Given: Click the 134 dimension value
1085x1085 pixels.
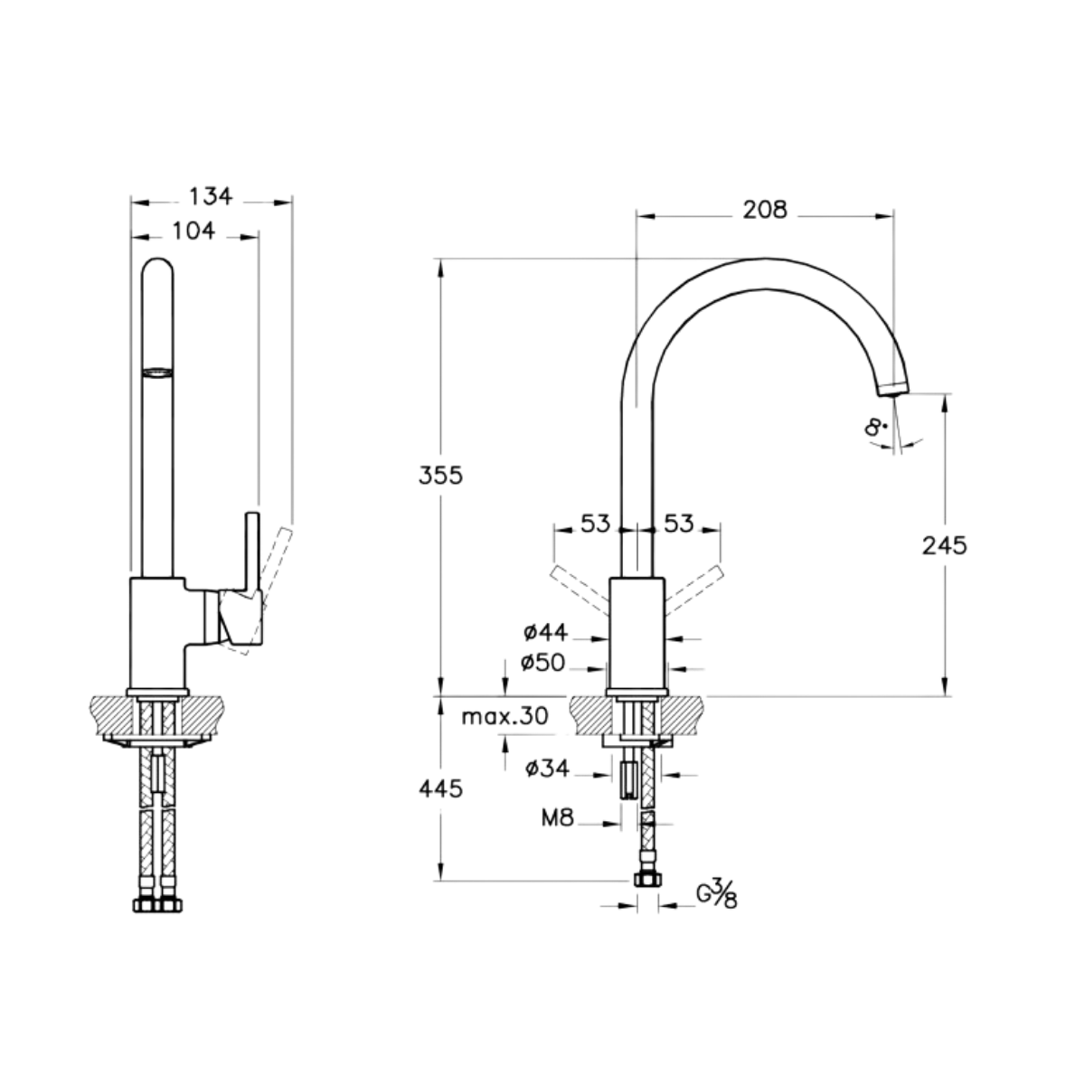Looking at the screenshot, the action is pyautogui.click(x=211, y=196).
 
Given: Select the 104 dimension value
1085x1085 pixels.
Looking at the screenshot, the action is pyautogui.click(x=193, y=231).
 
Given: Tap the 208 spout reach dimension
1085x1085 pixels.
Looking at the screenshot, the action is pyautogui.click(x=765, y=210).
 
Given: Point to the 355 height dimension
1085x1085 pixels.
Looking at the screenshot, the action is pyautogui.click(x=440, y=476).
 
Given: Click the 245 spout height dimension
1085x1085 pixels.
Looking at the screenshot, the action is pyautogui.click(x=944, y=545).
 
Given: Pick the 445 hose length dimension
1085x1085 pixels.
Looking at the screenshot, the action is pyautogui.click(x=440, y=789).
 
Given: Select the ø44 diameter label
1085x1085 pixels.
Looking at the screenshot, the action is pyautogui.click(x=545, y=633).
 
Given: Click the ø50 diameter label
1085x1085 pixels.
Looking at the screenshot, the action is pyautogui.click(x=542, y=664).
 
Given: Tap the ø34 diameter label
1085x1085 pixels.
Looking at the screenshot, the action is pyautogui.click(x=547, y=768).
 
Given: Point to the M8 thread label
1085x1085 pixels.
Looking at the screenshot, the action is pyautogui.click(x=558, y=818).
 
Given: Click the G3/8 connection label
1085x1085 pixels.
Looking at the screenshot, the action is pyautogui.click(x=717, y=895).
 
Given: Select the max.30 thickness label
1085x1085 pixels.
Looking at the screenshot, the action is pyautogui.click(x=505, y=717).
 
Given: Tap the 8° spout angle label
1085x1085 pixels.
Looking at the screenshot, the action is pyautogui.click(x=874, y=428).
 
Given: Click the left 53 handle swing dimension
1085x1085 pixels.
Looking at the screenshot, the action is pyautogui.click(x=595, y=524).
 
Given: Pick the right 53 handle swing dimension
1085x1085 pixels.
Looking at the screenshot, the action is pyautogui.click(x=678, y=524).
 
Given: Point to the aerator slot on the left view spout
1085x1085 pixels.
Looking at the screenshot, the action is pyautogui.click(x=157, y=372).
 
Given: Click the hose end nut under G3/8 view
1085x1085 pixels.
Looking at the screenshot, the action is pyautogui.click(x=648, y=879).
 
